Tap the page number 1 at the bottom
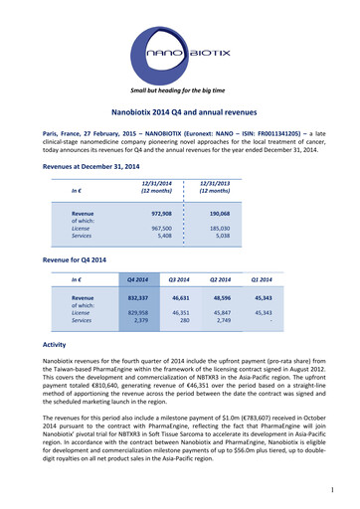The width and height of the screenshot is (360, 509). coord(338,488)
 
